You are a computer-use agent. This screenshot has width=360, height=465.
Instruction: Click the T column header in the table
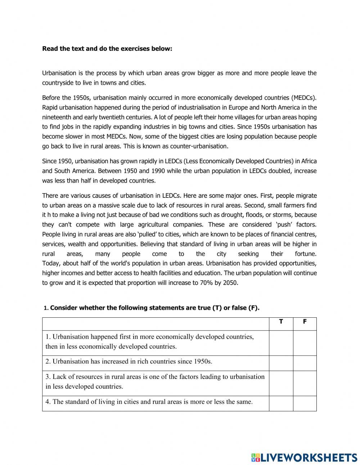[x=281, y=322]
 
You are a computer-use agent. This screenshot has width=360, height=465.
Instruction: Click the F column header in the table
[x=305, y=322]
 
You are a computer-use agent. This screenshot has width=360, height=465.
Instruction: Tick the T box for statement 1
[x=281, y=343]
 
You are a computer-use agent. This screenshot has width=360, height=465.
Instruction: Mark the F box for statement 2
[x=305, y=363]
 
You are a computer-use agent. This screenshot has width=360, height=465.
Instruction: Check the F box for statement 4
[x=305, y=403]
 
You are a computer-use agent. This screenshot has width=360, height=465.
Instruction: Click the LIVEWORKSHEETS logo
[x=304, y=457]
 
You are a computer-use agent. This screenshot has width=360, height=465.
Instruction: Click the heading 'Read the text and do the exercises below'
[x=107, y=48]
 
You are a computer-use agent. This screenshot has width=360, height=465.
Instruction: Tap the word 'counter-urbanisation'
[x=200, y=146]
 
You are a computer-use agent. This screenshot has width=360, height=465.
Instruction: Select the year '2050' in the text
[x=230, y=283]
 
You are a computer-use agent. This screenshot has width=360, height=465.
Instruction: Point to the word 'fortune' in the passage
[x=305, y=254]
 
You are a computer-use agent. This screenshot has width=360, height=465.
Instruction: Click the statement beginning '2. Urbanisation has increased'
[x=129, y=361]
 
